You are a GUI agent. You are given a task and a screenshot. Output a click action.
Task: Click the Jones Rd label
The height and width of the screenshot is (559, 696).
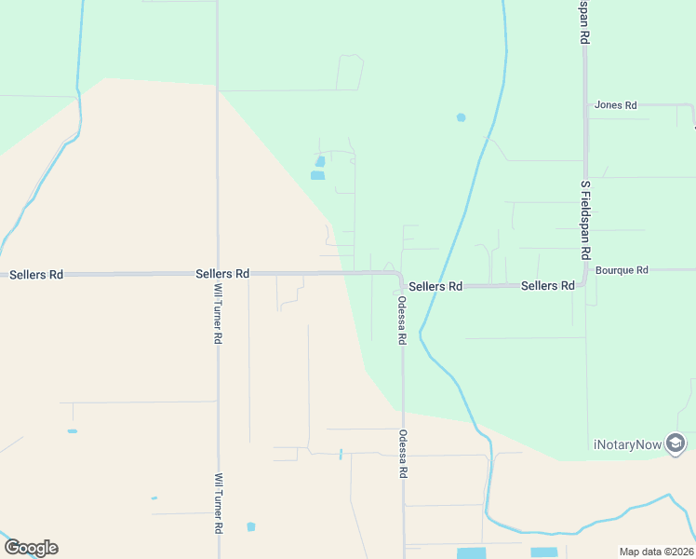[x=615, y=105]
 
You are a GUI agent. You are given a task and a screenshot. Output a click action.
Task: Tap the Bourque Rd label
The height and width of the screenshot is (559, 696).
[x=622, y=270]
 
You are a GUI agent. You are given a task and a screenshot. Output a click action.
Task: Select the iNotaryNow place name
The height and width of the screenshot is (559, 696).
[x=627, y=444]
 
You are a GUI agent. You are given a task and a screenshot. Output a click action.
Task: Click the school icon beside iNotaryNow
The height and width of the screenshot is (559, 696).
[x=676, y=443]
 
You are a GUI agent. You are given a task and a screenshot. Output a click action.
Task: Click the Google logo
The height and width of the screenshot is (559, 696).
[x=31, y=548]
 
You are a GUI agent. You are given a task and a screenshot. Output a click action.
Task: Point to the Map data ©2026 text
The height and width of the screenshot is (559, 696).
[x=657, y=552]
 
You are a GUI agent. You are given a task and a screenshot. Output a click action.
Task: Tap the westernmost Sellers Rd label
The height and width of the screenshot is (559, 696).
[x=36, y=275]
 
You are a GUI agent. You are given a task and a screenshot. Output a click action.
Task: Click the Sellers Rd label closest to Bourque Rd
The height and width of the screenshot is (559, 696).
[x=547, y=286]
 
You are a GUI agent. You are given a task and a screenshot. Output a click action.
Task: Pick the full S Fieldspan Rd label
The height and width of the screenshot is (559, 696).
[x=586, y=220]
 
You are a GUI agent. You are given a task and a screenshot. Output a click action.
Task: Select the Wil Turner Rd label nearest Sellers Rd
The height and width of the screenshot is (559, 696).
[x=218, y=315]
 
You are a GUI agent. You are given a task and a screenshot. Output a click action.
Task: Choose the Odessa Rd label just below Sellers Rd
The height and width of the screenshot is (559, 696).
[x=402, y=321]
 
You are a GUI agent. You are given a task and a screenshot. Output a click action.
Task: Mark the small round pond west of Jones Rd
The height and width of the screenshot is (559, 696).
[x=461, y=117]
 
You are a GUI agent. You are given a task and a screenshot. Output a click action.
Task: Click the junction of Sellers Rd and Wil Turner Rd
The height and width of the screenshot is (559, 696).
[x=218, y=274]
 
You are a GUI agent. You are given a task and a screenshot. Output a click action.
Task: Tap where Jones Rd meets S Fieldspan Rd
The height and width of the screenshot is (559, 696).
[x=586, y=105]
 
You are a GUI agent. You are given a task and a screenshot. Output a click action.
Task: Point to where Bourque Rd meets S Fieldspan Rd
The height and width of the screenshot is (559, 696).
[x=586, y=271]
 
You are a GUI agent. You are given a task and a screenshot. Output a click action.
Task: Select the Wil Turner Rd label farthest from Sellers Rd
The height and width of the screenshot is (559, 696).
[x=219, y=503]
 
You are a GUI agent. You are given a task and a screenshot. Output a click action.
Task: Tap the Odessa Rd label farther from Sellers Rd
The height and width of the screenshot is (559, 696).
[x=403, y=455]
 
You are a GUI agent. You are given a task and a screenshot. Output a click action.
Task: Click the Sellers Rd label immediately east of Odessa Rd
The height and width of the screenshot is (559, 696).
[x=435, y=287]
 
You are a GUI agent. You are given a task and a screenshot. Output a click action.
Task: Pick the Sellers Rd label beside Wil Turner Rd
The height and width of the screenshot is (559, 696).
[x=223, y=274]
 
